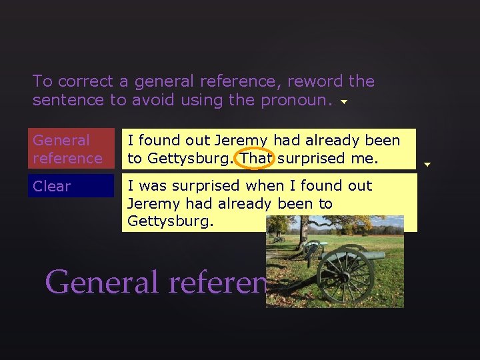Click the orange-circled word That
tap(255, 158)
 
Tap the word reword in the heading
tap(313, 81)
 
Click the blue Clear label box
tap(73, 186)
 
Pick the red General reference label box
tap(73, 149)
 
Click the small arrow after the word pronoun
tap(344, 103)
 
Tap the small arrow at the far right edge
tap(427, 163)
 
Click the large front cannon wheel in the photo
tap(339, 274)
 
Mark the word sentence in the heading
tap(62, 100)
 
